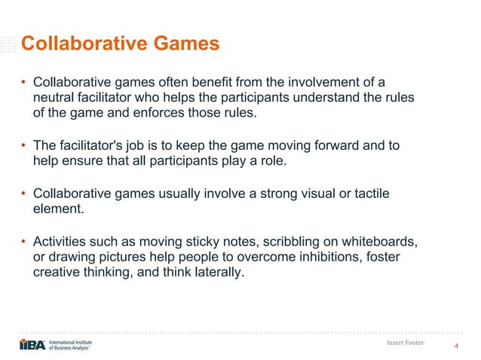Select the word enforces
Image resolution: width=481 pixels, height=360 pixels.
coord(210,114)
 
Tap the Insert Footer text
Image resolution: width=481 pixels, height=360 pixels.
coord(404,343)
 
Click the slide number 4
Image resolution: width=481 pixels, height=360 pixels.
coord(455,346)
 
